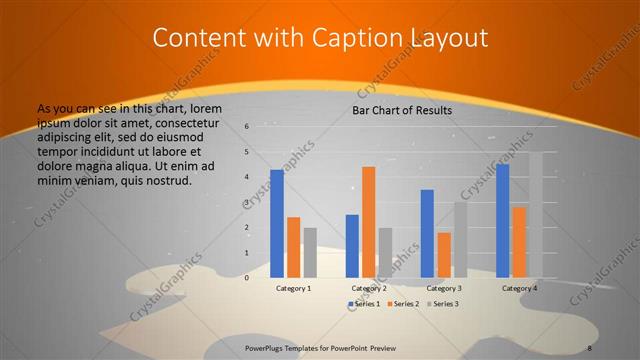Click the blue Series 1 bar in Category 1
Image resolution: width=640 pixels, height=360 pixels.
point(277,223)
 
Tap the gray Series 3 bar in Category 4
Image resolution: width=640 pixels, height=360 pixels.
point(535,215)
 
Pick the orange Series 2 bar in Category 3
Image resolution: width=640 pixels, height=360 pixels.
point(444,255)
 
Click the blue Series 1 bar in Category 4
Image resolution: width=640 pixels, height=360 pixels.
point(502,220)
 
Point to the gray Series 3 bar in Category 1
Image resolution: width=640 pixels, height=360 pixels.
point(310,252)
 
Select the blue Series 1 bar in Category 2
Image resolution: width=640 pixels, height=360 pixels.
point(352,245)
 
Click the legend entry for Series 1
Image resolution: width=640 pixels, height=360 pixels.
point(363,303)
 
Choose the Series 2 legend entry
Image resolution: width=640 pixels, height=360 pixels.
point(401,303)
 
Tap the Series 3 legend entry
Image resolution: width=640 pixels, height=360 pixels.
point(441,303)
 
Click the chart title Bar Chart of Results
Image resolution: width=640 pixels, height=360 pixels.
point(402,110)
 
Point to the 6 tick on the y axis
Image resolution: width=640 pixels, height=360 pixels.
point(247,127)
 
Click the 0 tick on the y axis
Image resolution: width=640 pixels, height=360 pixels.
point(247,277)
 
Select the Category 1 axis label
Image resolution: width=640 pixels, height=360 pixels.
point(293,288)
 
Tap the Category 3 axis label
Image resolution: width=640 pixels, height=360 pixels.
point(443,288)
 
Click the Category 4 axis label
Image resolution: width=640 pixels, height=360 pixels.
point(519,288)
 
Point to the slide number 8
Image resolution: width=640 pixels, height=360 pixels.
point(590,347)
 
